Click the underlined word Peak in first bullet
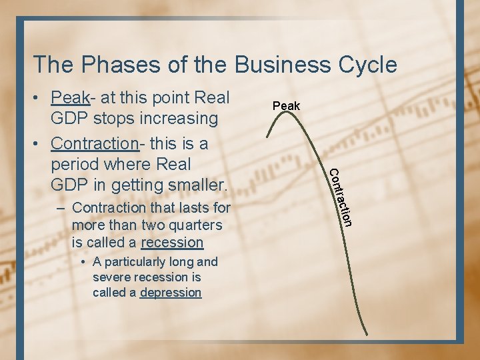coord(70,98)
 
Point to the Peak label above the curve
coord(287,106)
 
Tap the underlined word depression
coord(171,293)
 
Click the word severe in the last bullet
coord(111,277)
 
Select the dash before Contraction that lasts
coord(61,208)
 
